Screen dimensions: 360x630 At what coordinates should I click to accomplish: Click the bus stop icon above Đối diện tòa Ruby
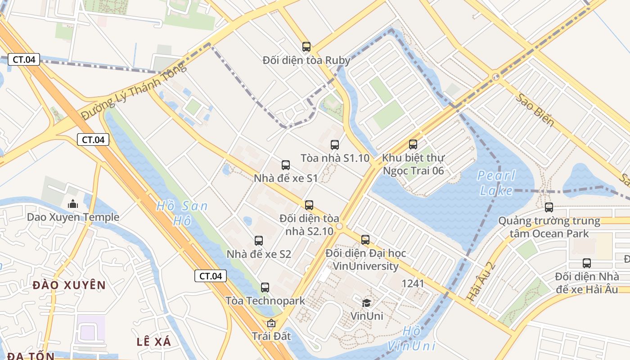[x=306, y=46]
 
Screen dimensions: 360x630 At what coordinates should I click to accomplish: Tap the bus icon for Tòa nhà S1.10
[x=335, y=144]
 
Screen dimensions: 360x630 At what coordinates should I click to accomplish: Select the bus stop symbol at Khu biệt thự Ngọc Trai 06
[x=413, y=144]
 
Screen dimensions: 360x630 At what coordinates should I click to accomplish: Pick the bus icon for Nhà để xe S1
[x=286, y=165]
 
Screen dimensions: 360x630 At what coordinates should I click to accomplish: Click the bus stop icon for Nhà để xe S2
[x=259, y=241]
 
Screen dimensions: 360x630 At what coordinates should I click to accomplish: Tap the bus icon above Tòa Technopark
[x=265, y=287]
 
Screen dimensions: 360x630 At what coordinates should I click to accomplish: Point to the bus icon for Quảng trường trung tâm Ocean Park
[x=549, y=207]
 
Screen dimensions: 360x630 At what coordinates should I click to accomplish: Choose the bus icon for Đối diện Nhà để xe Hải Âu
[x=587, y=263]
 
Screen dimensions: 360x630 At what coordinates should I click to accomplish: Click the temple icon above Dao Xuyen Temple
[x=73, y=204]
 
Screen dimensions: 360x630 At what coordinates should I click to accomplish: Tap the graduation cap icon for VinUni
[x=367, y=302]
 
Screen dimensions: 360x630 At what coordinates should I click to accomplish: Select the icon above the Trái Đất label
[x=271, y=323]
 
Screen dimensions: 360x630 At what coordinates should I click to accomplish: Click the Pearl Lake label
[x=496, y=183]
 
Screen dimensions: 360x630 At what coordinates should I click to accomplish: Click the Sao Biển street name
[x=535, y=110]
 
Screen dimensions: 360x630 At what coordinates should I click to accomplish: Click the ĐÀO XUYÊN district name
[x=69, y=285]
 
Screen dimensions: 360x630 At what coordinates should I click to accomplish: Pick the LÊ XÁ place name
[x=154, y=342]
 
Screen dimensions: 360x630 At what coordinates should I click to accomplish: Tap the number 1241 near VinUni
[x=413, y=283]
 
